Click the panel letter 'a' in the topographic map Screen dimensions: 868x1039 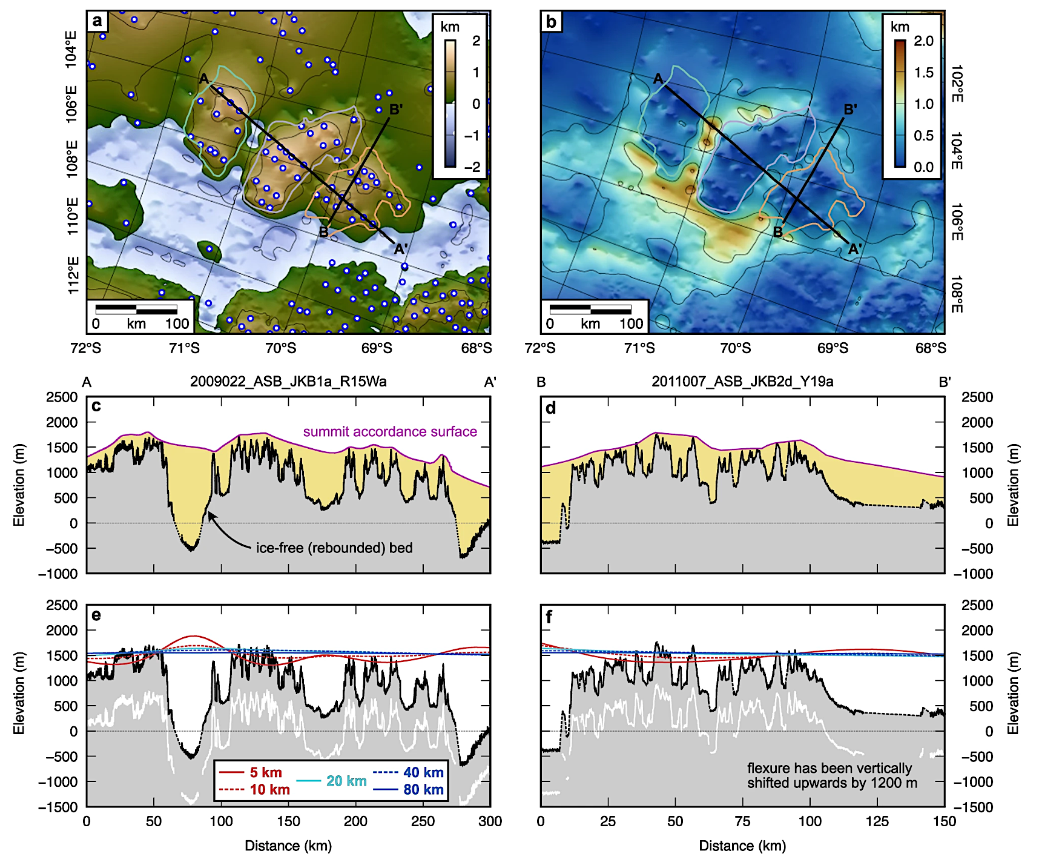pos(97,22)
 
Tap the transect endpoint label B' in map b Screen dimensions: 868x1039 pos(850,110)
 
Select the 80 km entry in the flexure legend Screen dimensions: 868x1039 pos(409,789)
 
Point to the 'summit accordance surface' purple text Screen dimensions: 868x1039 pos(390,431)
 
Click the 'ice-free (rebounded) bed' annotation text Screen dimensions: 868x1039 pos(334,548)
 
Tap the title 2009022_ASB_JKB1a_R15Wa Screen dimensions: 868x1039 pos(288,382)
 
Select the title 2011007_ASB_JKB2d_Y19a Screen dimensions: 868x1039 pos(742,382)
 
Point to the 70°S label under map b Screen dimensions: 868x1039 pos(735,348)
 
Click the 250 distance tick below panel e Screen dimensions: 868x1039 pos(423,821)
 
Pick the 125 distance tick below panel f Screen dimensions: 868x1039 pos(877,821)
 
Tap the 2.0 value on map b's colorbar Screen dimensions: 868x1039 pos(923,41)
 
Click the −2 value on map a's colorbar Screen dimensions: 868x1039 pos(475,167)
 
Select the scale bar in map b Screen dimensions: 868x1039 pos(590,310)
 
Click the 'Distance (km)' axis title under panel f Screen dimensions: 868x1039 pos(742,846)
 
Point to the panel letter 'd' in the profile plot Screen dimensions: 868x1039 pos(550,408)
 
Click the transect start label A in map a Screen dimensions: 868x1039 pos(204,79)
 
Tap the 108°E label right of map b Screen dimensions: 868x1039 pos(956,294)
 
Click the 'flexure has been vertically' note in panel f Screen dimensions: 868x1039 pos(829,768)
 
